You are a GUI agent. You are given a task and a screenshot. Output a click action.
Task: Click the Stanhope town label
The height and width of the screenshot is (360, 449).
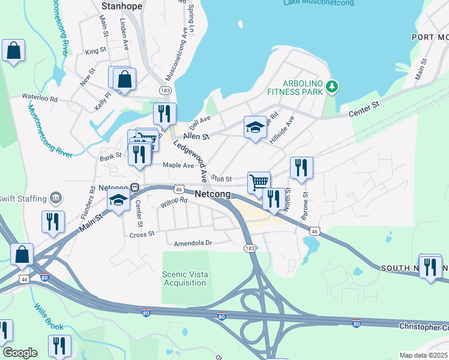tap(122, 6)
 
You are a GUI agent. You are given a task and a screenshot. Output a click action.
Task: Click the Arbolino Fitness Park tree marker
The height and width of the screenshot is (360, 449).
tap(332, 88)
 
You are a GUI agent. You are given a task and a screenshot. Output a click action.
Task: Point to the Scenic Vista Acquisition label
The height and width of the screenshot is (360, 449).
tap(185, 278)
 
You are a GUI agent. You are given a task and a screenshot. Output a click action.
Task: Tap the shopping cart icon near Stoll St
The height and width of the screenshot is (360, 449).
tap(259, 181)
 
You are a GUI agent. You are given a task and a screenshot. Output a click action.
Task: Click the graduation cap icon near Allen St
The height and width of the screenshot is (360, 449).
tap(255, 127)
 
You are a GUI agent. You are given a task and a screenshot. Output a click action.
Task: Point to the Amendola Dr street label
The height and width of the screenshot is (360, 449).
tap(193, 243)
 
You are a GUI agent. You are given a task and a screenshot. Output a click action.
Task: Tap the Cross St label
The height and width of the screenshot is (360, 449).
tap(142, 235)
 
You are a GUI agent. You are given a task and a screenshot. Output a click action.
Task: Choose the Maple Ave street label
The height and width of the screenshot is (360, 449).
tap(179, 166)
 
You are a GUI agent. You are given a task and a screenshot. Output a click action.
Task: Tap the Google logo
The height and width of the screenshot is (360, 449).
tap(19, 353)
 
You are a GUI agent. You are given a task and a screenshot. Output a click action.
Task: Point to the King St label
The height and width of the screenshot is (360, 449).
tap(95, 52)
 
